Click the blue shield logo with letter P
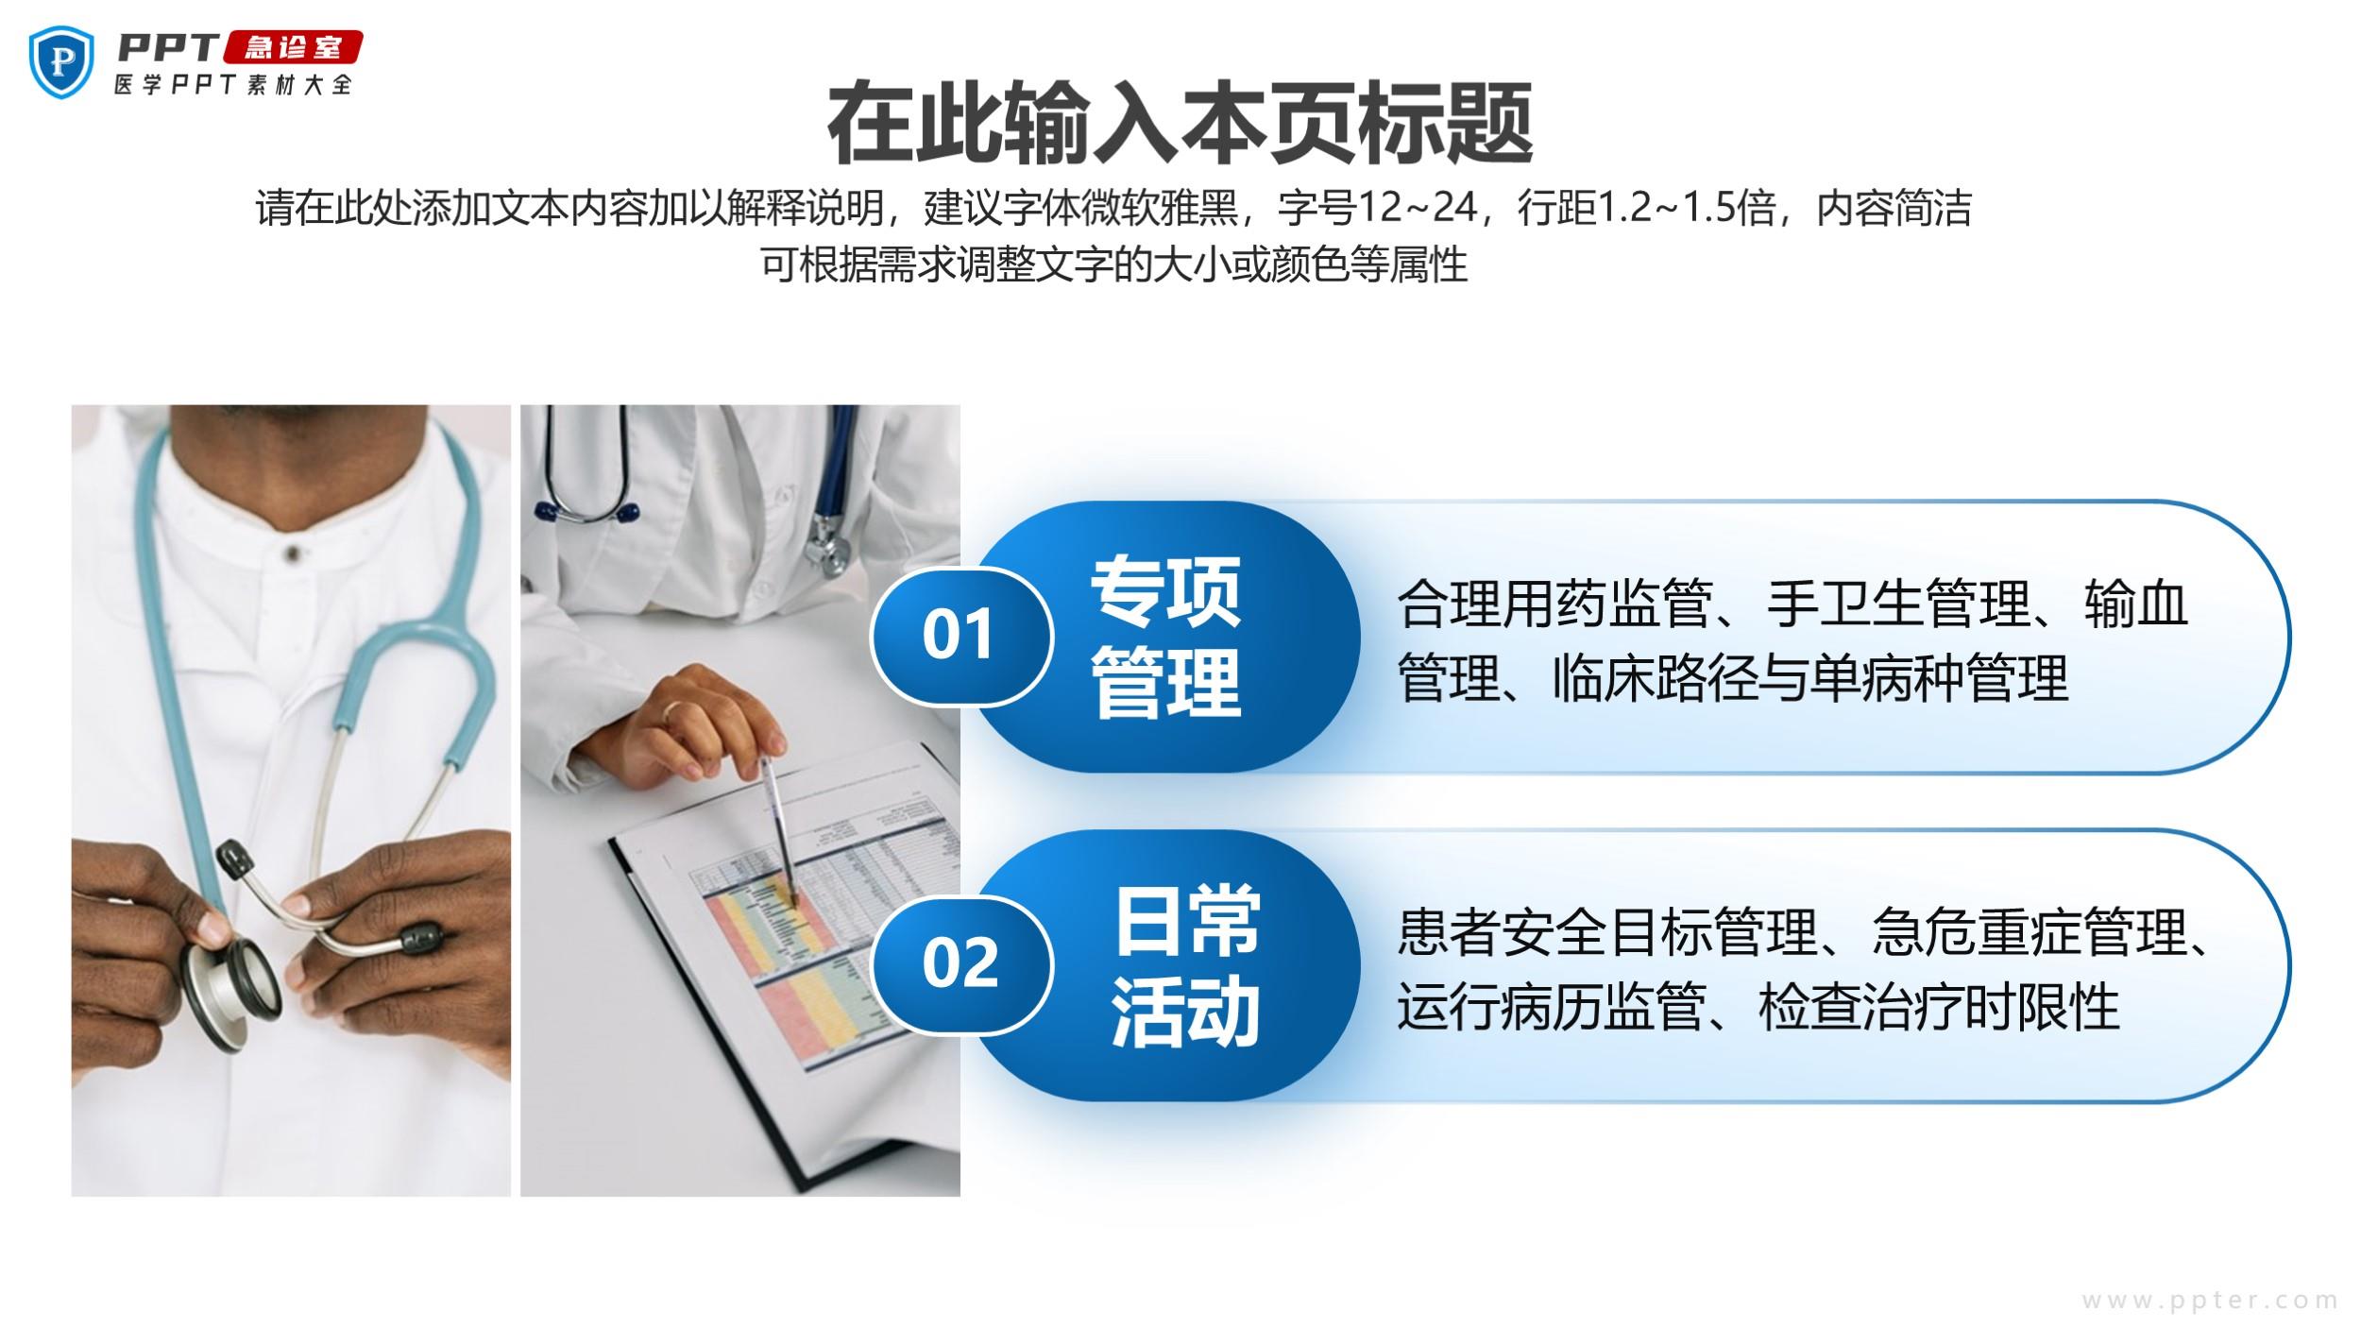(x=62, y=61)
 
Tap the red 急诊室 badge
(x=293, y=47)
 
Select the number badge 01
(x=960, y=635)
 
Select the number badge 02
(x=960, y=963)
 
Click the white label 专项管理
(x=1165, y=637)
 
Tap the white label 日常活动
(x=1186, y=965)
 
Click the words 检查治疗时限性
(x=1939, y=1007)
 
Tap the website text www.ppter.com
(x=2209, y=1300)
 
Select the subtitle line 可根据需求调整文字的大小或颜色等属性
(x=1114, y=264)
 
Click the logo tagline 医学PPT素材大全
(x=232, y=84)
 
